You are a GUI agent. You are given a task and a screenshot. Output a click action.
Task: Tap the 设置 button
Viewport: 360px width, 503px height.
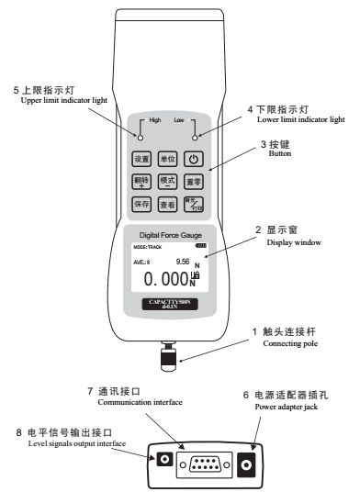pos(141,158)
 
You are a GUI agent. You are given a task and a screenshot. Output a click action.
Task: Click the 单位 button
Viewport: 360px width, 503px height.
pos(167,158)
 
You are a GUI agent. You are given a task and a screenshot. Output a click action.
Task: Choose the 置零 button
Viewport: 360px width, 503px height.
pos(194,181)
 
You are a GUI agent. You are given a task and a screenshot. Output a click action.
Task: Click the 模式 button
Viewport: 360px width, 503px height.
pos(167,181)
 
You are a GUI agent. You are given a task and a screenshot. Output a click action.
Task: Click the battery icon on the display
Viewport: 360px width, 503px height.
pos(201,245)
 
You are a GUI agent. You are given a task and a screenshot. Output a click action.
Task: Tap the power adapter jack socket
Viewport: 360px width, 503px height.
pos(245,465)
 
